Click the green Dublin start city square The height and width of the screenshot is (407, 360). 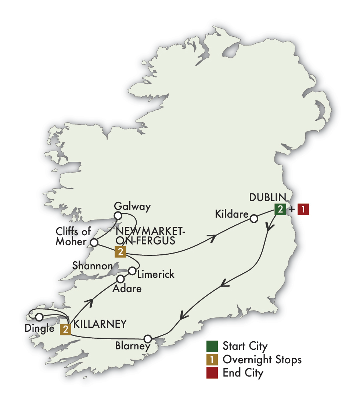(x=280, y=210)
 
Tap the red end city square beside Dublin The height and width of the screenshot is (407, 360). (x=303, y=210)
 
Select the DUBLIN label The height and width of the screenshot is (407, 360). (x=267, y=197)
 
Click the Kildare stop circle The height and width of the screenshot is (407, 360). (x=253, y=219)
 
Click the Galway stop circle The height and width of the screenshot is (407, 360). (x=118, y=215)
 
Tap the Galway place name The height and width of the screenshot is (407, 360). (x=132, y=207)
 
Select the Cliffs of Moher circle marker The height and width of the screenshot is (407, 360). (x=94, y=243)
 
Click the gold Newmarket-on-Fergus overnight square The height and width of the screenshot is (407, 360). (x=120, y=252)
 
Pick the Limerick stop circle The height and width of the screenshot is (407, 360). (x=132, y=271)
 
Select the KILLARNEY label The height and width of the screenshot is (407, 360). (x=100, y=324)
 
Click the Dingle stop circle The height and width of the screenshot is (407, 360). (x=39, y=317)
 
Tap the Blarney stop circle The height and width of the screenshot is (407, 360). (x=148, y=338)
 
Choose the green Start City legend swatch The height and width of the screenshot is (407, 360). (x=212, y=346)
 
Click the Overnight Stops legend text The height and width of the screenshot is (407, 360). (x=262, y=360)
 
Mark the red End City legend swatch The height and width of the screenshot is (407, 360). (x=212, y=373)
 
